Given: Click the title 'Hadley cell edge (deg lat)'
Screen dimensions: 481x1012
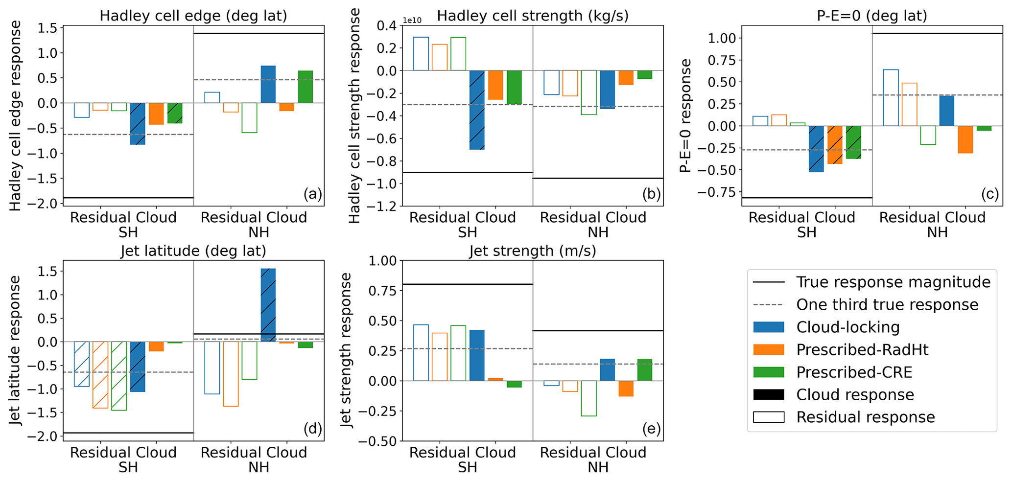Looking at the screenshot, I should tap(193, 16).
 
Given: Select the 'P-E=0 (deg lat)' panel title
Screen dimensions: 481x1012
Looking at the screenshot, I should tap(872, 16).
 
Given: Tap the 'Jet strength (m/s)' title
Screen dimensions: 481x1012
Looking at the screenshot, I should tap(533, 251).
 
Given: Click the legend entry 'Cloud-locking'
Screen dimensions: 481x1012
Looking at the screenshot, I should tap(847, 327).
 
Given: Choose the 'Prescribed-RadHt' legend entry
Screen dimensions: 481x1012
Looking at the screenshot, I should tap(862, 349).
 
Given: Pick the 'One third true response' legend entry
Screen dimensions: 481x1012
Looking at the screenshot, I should tap(887, 304).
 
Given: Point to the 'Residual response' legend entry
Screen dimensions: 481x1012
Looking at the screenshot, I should tap(865, 417).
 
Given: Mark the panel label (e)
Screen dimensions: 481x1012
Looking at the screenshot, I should tap(651, 429).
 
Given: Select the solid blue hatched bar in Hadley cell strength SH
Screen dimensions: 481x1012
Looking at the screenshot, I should tap(477, 110).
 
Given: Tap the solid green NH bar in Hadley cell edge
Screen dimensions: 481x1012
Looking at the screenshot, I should tap(306, 87).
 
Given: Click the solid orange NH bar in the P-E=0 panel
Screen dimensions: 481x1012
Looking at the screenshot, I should tap(965, 139).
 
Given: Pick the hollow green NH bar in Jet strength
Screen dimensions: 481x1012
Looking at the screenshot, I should tap(589, 398).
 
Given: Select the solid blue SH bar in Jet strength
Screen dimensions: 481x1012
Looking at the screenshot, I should tap(477, 355).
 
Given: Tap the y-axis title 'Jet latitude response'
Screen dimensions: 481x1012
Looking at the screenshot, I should tap(16, 350).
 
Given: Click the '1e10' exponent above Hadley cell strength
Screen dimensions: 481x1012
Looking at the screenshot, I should tap(412, 21).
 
